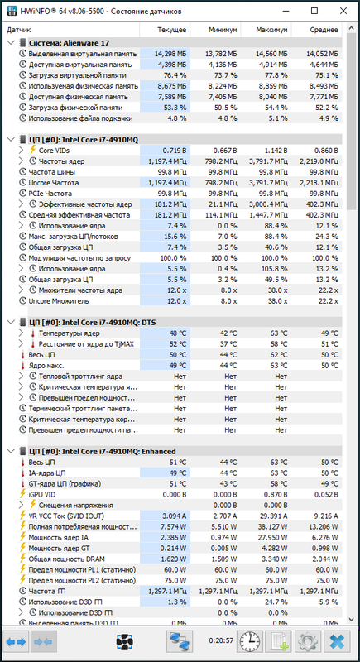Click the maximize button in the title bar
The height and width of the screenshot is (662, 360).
[314, 12]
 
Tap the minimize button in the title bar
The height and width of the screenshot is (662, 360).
[287, 12]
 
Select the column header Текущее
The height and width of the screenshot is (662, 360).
[172, 30]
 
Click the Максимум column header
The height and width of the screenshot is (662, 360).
[271, 30]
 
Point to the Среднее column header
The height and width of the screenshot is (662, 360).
[324, 30]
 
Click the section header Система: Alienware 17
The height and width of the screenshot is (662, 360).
[70, 43]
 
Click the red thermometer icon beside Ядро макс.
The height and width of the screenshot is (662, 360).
[23, 366]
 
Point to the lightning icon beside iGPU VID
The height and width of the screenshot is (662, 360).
[23, 494]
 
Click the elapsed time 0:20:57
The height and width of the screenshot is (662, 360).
[221, 640]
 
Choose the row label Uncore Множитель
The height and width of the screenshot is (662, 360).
[59, 301]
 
